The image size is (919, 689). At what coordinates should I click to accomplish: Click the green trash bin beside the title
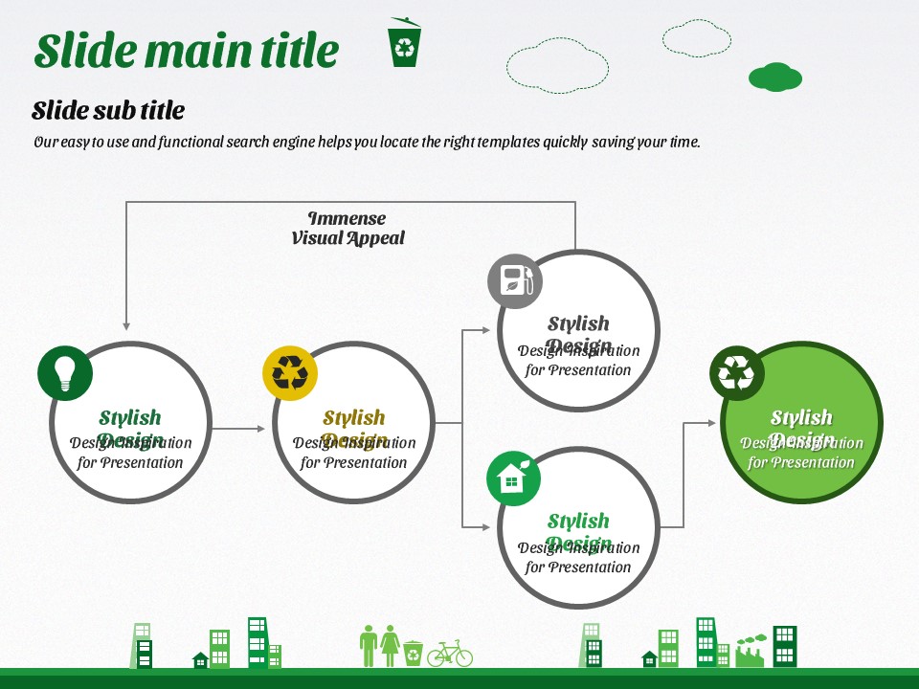[404, 43]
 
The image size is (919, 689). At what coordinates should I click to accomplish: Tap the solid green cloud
[774, 77]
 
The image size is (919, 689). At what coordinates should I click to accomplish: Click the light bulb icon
[65, 372]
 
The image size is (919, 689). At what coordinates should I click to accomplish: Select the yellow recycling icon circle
[290, 372]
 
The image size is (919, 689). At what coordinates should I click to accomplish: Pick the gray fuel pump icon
[515, 280]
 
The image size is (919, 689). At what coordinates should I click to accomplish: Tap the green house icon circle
[514, 478]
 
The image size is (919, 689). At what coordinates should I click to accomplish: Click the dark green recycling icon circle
[737, 373]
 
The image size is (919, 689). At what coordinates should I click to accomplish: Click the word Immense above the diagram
[347, 218]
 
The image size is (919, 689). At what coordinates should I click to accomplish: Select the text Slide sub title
[108, 110]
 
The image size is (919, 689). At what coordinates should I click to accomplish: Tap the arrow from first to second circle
[238, 428]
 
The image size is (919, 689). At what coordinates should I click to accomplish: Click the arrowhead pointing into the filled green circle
[713, 422]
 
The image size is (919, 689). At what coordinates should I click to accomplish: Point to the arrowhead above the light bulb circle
[126, 325]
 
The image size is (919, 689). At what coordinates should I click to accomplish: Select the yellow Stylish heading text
[353, 418]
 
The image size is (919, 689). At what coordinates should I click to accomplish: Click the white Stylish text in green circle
[801, 417]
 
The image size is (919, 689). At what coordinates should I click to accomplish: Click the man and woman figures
[380, 646]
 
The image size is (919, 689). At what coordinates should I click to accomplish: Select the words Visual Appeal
[347, 238]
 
